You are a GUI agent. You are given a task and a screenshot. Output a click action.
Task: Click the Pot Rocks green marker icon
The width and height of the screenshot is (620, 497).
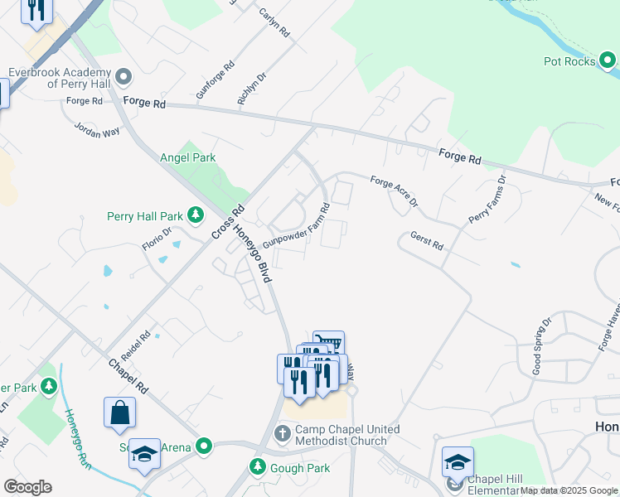coord(608,60)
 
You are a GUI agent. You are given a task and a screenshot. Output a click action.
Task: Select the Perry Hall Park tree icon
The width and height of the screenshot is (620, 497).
coord(196,216)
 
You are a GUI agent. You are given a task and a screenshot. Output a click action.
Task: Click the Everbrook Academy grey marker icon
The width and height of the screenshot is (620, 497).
coord(124,77)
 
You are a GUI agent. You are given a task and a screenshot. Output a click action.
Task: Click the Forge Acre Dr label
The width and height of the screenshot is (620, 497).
coord(394,192)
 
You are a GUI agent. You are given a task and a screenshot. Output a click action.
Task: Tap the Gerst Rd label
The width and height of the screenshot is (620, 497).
coord(427,241)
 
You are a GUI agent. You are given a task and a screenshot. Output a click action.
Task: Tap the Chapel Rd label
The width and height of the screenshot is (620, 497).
coord(128,375)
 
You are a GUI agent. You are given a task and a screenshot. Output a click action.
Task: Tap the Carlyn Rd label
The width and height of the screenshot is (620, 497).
coord(274,22)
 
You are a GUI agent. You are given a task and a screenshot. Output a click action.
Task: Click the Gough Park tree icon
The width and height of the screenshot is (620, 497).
coord(258,468)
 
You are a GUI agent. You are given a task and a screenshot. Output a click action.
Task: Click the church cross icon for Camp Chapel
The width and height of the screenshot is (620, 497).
coord(282,432)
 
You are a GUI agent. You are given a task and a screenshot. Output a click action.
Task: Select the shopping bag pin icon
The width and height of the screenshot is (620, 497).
coord(119,412)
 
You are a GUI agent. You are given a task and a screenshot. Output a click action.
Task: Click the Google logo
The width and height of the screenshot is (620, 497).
coord(27,487)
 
